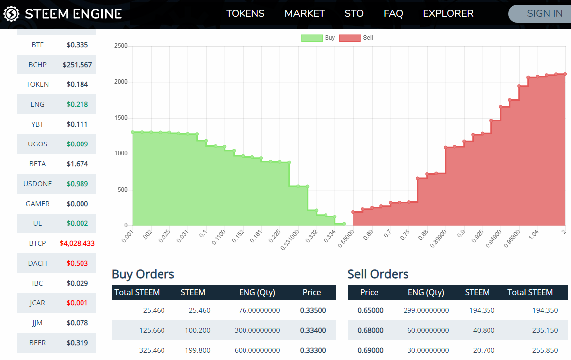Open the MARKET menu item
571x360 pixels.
tap(305, 13)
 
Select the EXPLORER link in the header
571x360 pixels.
tap(448, 13)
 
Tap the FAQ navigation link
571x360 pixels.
tap(393, 13)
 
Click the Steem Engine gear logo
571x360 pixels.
tap(11, 14)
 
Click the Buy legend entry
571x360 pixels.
tap(319, 38)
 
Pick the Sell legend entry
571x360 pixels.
tap(356, 38)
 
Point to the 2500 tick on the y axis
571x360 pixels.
tap(121, 46)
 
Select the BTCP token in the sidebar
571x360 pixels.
tap(37, 243)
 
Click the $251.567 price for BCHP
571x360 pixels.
tap(78, 65)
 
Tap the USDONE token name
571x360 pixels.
tap(37, 184)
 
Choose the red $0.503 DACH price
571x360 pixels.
tap(77, 263)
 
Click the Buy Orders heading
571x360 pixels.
tap(143, 274)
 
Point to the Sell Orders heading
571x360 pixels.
tap(378, 274)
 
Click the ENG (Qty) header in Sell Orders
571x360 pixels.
tap(426, 292)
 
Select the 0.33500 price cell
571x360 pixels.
tap(313, 310)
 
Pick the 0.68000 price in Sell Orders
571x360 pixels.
tap(370, 330)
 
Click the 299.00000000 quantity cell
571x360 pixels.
tap(426, 310)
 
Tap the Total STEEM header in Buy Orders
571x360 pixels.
tap(137, 292)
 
